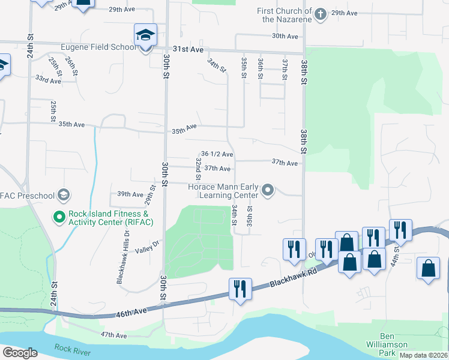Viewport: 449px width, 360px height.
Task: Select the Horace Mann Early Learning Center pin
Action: click(x=268, y=191)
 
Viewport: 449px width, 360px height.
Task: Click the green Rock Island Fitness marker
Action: click(x=59, y=217)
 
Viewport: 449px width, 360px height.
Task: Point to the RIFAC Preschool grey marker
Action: click(x=64, y=195)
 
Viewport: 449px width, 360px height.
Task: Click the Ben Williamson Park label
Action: click(x=387, y=341)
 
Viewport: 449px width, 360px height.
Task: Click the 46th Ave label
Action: click(x=132, y=311)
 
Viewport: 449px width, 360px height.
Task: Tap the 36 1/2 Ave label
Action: click(x=217, y=154)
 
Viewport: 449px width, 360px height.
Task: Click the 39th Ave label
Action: click(x=130, y=194)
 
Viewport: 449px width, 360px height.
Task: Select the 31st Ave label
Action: click(x=187, y=50)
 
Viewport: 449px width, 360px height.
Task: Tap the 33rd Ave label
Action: click(x=48, y=79)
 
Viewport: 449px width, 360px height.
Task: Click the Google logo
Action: click(x=20, y=353)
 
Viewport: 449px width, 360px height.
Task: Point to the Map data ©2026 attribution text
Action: click(x=423, y=355)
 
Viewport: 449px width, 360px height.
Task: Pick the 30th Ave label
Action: click(x=285, y=37)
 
